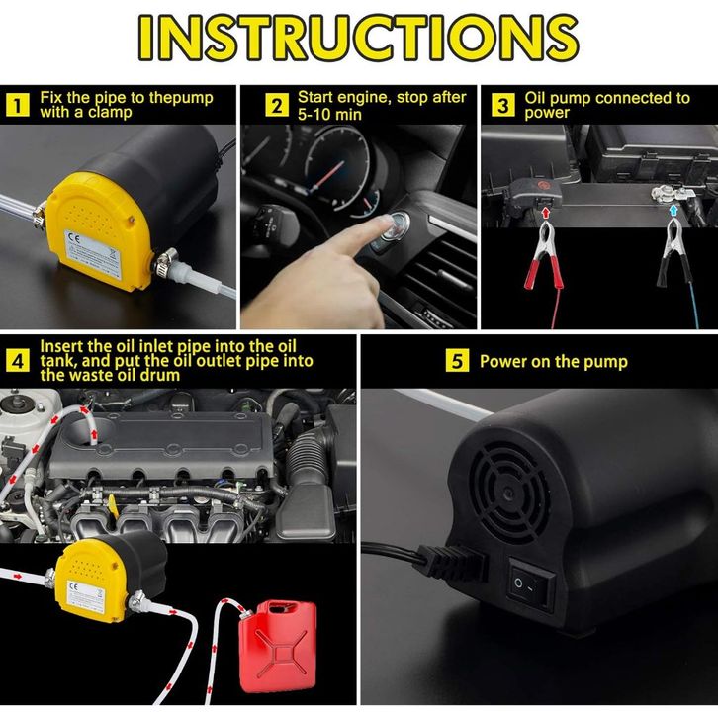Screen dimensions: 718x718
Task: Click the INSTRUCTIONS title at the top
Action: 359,38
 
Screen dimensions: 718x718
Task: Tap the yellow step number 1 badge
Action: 18,105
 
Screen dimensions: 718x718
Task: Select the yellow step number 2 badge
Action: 277,105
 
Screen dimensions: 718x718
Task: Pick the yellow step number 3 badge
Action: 502,105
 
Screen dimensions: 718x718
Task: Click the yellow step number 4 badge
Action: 18,360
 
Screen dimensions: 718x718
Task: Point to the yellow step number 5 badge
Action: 458,360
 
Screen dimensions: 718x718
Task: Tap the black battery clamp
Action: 674,253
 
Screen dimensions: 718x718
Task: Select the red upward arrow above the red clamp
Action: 545,212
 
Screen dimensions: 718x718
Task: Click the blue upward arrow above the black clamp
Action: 673,211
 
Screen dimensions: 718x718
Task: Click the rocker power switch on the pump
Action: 531,583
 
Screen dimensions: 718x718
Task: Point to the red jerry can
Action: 278,646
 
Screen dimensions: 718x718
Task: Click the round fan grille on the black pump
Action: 509,494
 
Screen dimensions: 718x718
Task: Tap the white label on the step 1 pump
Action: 93,252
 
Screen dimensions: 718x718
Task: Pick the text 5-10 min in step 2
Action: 329,115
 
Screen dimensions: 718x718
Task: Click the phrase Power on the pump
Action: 554,362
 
